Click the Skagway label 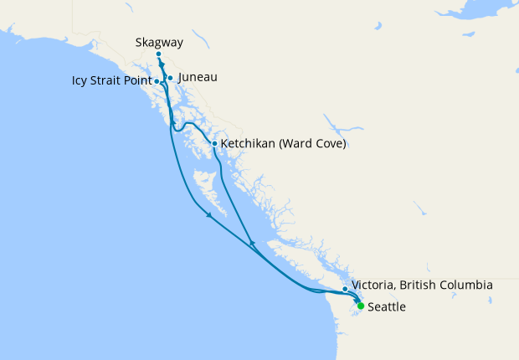[x=158, y=42]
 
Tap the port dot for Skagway [x=159, y=54]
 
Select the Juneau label [x=198, y=78]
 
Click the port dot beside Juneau [x=170, y=78]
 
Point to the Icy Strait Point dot [x=157, y=81]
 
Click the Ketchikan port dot [x=215, y=143]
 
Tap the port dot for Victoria [x=345, y=289]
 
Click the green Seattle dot [x=361, y=306]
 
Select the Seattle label [x=387, y=307]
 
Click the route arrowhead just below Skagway [x=162, y=65]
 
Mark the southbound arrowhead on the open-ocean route [x=209, y=217]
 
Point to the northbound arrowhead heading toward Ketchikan [x=251, y=243]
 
